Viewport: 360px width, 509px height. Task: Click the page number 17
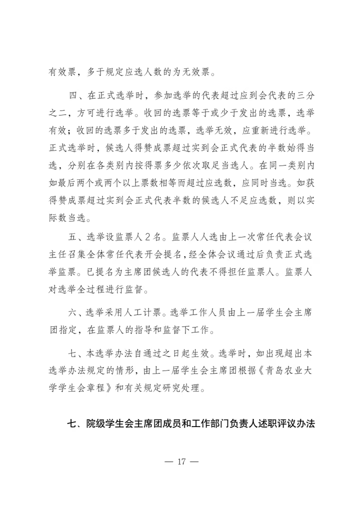click(181, 461)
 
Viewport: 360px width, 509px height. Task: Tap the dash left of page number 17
click(168, 461)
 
